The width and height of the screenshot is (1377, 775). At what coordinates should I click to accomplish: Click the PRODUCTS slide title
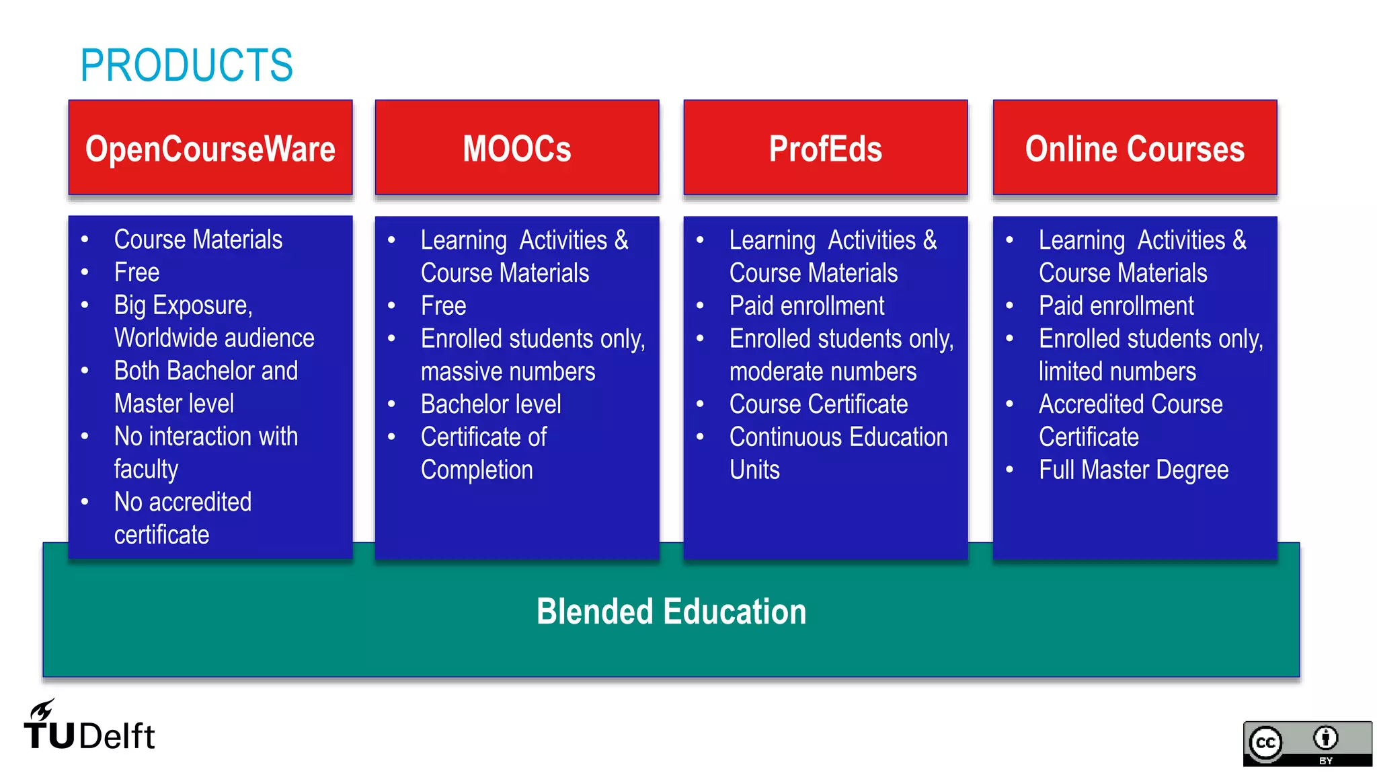click(186, 65)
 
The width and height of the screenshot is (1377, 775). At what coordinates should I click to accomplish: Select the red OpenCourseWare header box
click(210, 148)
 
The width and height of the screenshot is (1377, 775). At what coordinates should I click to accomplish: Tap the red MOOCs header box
click(516, 148)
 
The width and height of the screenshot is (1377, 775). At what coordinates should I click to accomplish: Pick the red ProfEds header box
click(825, 148)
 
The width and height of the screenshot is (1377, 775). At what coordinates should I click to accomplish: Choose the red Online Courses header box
click(1134, 148)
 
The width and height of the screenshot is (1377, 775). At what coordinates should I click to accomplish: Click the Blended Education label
click(671, 612)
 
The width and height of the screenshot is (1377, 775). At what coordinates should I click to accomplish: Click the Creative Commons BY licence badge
click(1306, 743)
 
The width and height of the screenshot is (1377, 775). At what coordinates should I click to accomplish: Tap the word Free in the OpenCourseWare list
click(136, 272)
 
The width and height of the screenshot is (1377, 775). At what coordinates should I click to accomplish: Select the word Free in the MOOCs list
click(443, 306)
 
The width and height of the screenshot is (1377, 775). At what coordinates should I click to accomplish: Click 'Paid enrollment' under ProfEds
click(807, 306)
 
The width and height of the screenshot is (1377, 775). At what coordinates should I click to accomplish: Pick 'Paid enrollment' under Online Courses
click(1116, 306)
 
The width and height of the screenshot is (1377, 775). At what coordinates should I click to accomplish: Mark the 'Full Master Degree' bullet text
click(1134, 470)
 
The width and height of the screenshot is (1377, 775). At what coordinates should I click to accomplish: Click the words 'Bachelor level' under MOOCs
click(491, 404)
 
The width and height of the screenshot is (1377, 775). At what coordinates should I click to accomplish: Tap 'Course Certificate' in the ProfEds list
click(818, 404)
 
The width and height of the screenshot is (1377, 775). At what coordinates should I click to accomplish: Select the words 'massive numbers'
click(508, 371)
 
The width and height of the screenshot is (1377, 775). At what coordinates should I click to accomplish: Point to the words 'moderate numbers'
click(823, 371)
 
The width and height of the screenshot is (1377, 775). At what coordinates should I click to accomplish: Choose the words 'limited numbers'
click(1117, 371)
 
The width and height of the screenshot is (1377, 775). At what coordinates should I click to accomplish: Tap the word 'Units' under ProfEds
click(754, 470)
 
